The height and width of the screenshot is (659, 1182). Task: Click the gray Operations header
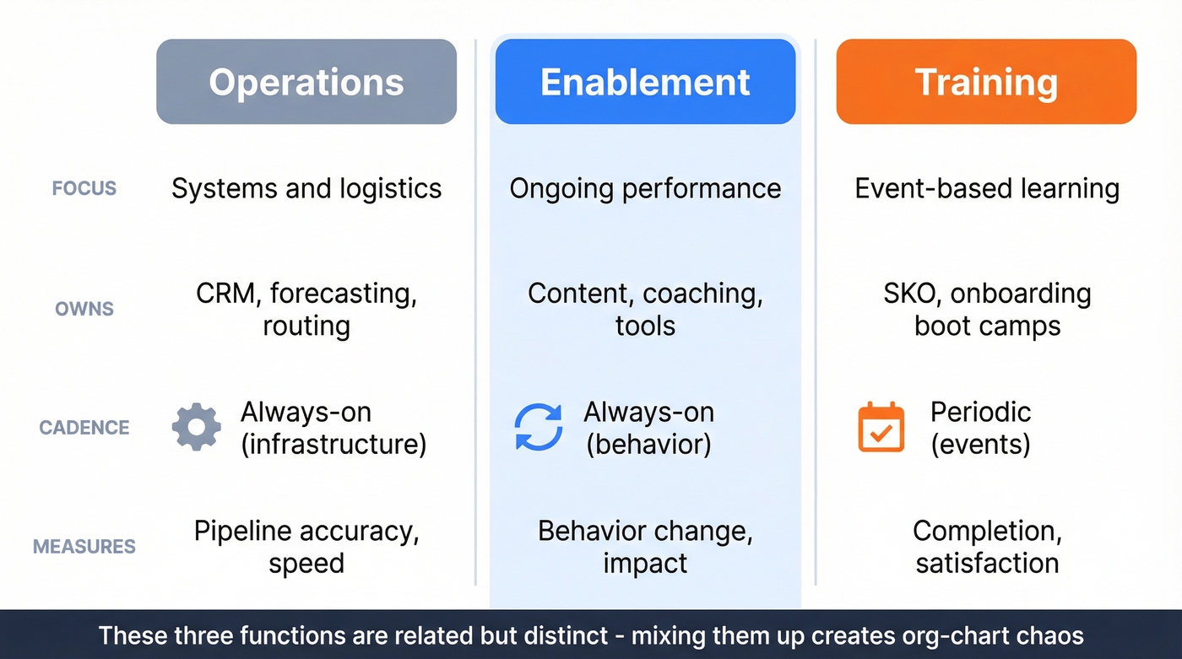pos(306,82)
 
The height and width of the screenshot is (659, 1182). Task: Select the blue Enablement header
pos(645,82)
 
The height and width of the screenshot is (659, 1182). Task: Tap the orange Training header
pos(986,82)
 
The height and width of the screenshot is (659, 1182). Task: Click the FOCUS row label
pos(84,188)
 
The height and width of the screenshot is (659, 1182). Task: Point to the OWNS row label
pos(84,309)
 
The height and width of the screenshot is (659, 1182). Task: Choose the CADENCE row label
pos(84,427)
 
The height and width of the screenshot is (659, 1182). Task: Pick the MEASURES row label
pos(84,547)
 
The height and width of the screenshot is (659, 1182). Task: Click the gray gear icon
pos(197,427)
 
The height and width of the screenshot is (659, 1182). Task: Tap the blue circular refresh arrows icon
pos(539,427)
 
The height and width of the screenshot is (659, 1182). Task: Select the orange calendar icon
pos(881,427)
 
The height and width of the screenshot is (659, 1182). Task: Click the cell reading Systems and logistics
pos(306,188)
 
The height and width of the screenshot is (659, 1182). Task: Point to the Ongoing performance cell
pos(645,188)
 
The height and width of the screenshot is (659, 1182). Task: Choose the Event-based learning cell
pos(987,188)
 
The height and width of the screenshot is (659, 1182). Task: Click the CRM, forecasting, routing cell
pos(306,309)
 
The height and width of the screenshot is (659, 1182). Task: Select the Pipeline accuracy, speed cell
pos(306,547)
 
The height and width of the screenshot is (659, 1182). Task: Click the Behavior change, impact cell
pos(645,547)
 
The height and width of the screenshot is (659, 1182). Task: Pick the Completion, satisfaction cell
pos(987,547)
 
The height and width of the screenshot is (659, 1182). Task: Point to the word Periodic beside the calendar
pos(980,412)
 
